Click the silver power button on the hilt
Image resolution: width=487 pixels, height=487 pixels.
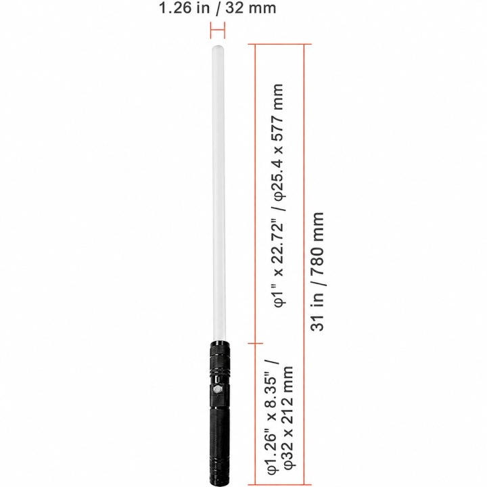click(x=217, y=389)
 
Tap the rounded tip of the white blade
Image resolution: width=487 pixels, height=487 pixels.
click(x=218, y=47)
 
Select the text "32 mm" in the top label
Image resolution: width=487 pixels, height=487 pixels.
click(x=251, y=7)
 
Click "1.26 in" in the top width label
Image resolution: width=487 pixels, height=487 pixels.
click(x=184, y=7)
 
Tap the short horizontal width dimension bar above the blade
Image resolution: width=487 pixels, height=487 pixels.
click(x=217, y=30)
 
